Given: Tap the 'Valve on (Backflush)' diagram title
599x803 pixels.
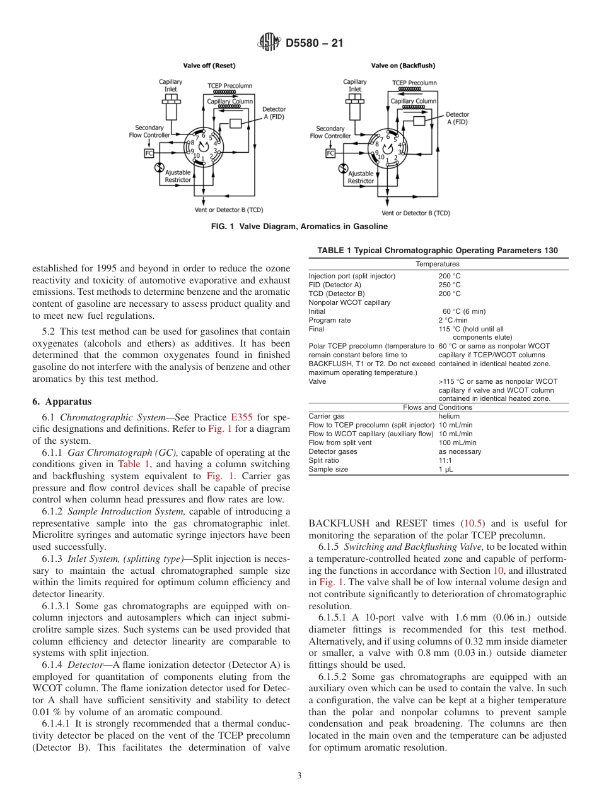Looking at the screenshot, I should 403,65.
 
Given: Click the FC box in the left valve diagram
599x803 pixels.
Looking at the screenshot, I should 149,153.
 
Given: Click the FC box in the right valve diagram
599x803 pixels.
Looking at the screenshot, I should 330,153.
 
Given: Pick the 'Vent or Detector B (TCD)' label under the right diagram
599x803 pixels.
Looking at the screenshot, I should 416,213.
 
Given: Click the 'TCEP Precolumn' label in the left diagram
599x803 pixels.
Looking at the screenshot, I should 230,85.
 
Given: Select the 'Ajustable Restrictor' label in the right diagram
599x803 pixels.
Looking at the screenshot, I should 361,177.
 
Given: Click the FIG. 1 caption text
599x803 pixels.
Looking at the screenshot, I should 299,227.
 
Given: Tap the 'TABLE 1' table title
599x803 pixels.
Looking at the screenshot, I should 437,251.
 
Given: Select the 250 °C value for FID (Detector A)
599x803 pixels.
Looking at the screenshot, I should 449,285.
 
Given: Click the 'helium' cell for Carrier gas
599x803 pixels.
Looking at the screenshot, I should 449,416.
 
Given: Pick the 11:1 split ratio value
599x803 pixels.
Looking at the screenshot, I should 445,460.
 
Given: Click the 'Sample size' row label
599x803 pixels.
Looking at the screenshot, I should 327,469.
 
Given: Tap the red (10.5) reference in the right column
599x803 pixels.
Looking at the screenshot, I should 474,523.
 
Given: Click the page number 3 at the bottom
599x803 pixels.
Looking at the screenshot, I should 299,776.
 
